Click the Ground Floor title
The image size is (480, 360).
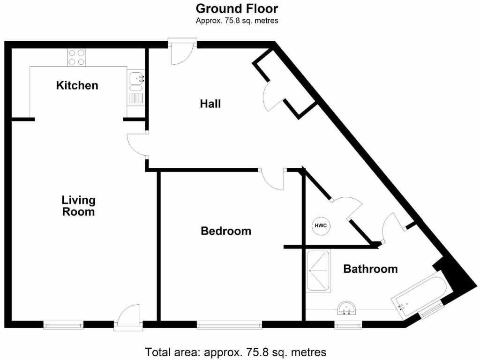pyautogui.click(x=237, y=8)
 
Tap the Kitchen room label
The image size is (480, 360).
pyautogui.click(x=77, y=85)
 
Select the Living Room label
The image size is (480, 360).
pyautogui.click(x=78, y=206)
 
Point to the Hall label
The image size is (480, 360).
pyautogui.click(x=210, y=104)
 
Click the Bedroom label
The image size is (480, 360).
pyautogui.click(x=226, y=231)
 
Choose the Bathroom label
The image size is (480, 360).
pyautogui.click(x=370, y=269)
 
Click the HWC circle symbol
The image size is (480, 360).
pyautogui.click(x=321, y=226)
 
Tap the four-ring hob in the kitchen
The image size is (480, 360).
pyautogui.click(x=76, y=57)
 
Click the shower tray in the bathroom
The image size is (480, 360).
pyautogui.click(x=318, y=271)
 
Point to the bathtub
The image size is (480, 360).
pyautogui.click(x=418, y=296)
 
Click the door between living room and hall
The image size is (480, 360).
pyautogui.click(x=137, y=144)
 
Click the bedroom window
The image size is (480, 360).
pyautogui.click(x=229, y=325)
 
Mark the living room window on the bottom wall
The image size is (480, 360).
pyautogui.click(x=63, y=325)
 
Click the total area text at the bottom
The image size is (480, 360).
pyautogui.click(x=235, y=352)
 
